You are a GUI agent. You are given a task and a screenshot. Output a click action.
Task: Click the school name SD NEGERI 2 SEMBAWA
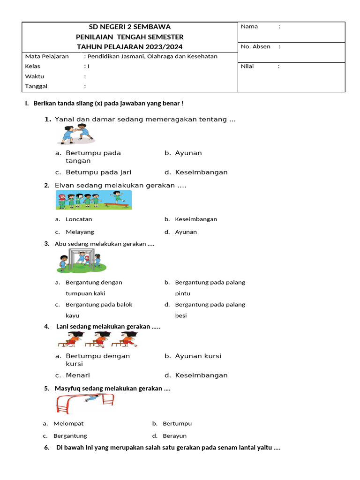(x=129, y=27)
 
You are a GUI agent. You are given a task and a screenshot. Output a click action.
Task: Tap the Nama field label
(x=249, y=27)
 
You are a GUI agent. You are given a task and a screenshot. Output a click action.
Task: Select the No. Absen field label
(x=255, y=46)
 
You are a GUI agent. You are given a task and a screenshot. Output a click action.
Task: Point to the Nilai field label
(x=247, y=66)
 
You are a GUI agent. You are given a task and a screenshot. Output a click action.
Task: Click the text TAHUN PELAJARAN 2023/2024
(x=129, y=46)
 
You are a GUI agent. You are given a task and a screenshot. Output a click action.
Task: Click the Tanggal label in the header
(x=36, y=86)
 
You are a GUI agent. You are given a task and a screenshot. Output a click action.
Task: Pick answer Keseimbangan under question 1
(x=201, y=172)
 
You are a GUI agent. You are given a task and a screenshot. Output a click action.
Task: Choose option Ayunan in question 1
(x=188, y=153)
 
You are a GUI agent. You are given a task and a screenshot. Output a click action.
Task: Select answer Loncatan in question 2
(x=79, y=219)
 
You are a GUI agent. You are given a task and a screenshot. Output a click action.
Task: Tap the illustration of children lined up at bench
(x=94, y=201)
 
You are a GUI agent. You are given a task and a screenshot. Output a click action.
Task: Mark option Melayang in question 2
(x=80, y=232)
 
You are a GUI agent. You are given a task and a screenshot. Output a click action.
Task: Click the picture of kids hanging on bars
(x=82, y=261)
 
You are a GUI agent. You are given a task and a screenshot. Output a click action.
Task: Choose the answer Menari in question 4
(x=78, y=375)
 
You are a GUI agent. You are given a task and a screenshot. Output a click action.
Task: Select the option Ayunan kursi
(x=198, y=356)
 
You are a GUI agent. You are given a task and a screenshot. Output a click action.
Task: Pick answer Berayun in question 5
(x=174, y=436)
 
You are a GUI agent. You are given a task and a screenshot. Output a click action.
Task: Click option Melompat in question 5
(x=68, y=423)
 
